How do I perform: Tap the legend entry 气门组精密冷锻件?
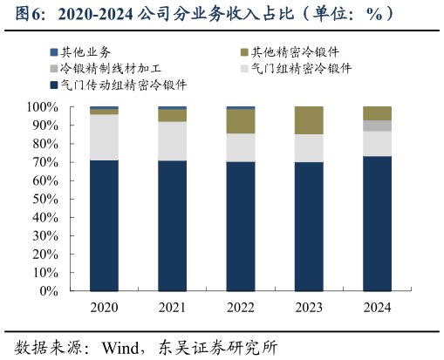301,68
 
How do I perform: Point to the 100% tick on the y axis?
43,107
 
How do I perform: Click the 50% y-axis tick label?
45,200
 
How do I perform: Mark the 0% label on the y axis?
49,292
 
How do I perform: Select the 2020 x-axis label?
104,308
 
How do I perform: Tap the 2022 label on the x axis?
240,308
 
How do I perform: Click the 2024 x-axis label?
377,308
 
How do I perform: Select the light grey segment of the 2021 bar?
172,140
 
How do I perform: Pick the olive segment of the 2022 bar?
240,121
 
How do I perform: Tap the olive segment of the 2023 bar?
309,120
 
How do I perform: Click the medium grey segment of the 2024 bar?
377,126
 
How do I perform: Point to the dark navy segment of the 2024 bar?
377,223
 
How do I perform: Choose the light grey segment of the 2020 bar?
104,137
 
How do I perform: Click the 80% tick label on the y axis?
45,144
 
